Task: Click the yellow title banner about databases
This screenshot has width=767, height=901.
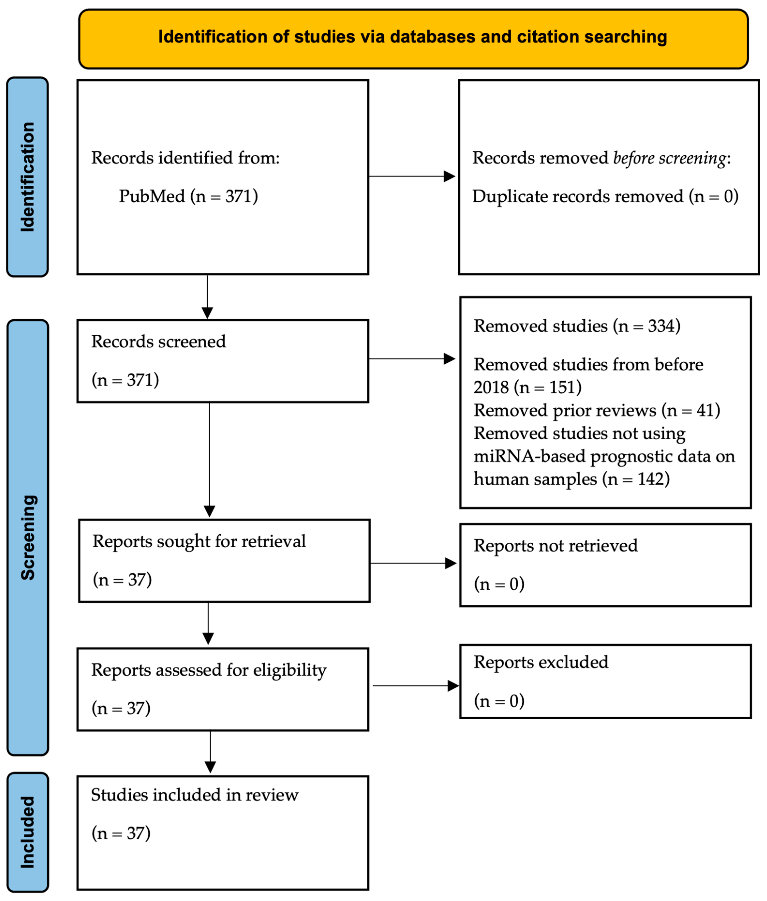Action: (413, 38)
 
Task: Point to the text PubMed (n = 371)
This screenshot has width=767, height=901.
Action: (188, 196)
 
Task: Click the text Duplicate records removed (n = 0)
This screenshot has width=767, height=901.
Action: (605, 196)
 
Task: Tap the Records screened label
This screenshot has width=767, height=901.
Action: (158, 342)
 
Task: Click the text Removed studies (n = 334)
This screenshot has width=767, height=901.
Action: (577, 326)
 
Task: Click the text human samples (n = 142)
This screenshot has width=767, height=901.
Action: (571, 479)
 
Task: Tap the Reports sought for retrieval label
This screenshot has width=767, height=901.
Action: (199, 542)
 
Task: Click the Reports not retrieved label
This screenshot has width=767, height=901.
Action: (555, 546)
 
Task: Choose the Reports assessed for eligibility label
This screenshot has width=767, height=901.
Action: (209, 670)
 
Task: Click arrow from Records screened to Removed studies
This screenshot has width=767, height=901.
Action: (411, 359)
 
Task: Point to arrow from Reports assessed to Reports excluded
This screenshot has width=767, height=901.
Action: (415, 686)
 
